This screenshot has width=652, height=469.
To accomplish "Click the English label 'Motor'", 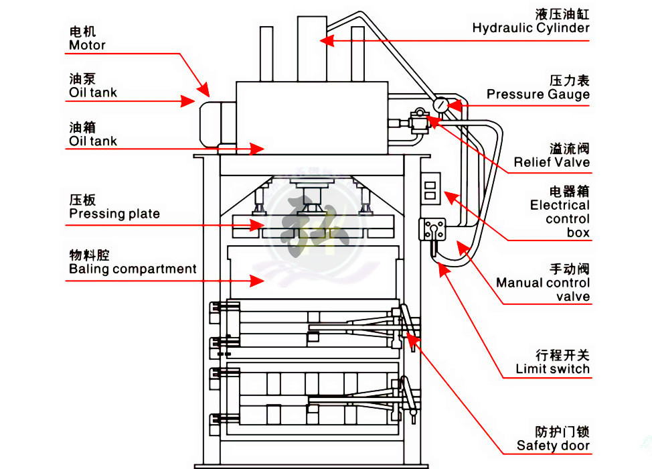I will (87, 46).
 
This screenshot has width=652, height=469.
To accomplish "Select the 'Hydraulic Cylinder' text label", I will (531, 27).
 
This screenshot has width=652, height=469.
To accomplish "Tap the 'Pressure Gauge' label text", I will (538, 94).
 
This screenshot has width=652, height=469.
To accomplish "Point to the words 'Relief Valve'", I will (552, 162).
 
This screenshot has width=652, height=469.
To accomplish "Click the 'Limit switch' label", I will (552, 369).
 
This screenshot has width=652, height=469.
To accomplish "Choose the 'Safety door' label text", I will (553, 446).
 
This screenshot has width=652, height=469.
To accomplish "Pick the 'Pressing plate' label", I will (114, 214).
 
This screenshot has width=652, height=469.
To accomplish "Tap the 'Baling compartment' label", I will (133, 269).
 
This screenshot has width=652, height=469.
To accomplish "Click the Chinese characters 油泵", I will (82, 78).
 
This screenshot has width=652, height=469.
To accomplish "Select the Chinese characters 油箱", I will (82, 127).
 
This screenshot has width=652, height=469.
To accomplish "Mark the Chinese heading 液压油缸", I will (562, 13).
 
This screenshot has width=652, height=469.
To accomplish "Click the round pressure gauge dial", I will (441, 105).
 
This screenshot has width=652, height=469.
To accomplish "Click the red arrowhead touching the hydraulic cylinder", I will (327, 41).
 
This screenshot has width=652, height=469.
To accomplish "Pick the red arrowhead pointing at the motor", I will (203, 89).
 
